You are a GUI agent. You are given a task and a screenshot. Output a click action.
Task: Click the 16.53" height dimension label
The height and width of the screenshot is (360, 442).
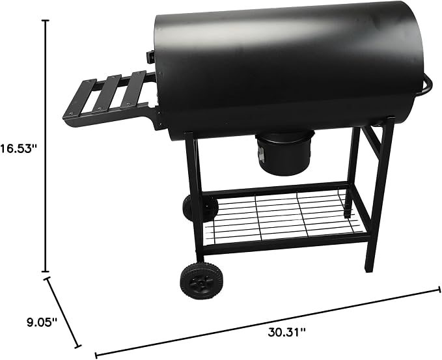point(19,148)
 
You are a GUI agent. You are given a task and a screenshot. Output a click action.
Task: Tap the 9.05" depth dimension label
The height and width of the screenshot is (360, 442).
point(42,322)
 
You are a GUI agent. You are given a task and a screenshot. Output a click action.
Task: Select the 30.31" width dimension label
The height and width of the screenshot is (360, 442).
point(286,332)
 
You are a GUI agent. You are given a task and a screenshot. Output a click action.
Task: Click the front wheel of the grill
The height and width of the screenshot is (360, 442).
point(200,281)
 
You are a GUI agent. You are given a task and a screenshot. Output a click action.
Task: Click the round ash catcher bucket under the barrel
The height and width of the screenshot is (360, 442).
point(284,152)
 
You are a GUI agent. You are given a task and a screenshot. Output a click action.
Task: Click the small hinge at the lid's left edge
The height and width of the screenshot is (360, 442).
point(150,57)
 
